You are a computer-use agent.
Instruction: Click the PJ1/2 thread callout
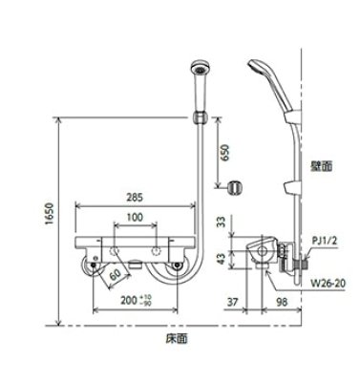325,243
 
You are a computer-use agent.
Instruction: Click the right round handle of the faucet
179,269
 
